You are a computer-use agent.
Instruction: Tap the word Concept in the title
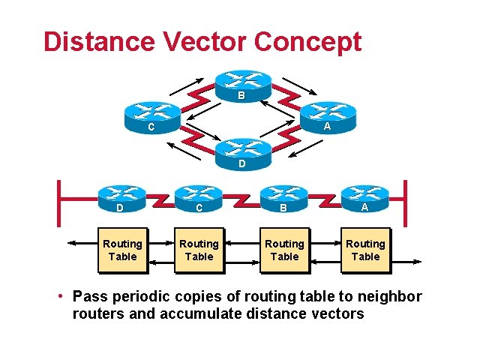(x=308, y=42)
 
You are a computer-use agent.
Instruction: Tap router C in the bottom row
(x=199, y=198)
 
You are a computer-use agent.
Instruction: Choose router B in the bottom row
(x=283, y=198)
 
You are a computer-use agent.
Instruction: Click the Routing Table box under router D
(x=121, y=250)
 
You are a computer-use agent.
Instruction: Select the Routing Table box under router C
(x=199, y=250)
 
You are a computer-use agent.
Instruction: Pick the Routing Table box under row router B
(x=284, y=250)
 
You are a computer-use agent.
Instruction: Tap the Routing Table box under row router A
(x=365, y=250)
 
